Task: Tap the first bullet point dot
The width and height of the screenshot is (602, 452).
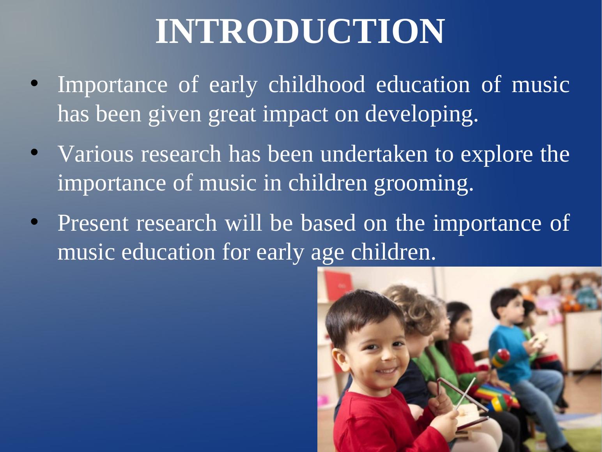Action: coord(34,83)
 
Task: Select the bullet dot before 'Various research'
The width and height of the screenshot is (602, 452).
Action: coord(34,152)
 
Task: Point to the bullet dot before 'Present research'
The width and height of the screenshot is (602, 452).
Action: coord(34,221)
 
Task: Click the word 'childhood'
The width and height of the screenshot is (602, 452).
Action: coord(317,84)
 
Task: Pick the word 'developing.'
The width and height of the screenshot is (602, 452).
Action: coord(421,114)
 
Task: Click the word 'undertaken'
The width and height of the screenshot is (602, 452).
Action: coord(374,154)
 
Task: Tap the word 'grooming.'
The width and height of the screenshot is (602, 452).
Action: coord(424,183)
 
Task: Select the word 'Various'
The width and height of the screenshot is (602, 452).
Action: coord(96,154)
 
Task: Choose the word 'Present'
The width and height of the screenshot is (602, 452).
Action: coord(93,223)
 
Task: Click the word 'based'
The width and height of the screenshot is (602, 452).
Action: coord(328,223)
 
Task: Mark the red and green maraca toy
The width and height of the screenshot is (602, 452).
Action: coord(501,358)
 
